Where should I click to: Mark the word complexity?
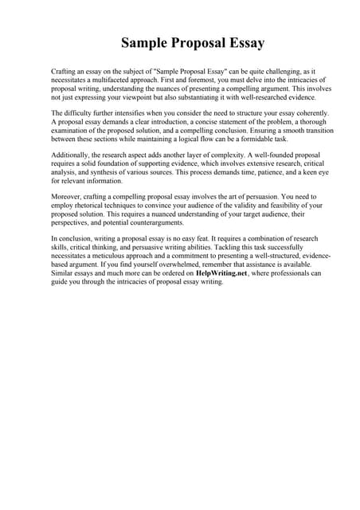(x=199, y=154)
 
